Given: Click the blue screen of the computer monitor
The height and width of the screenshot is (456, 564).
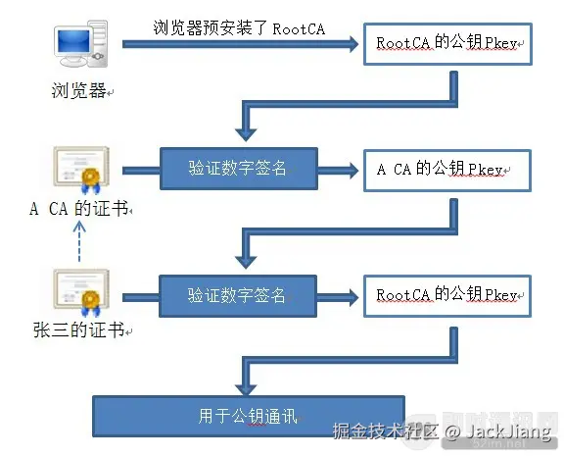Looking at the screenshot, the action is tap(73, 41).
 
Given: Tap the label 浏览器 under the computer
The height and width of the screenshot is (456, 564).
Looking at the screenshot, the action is tap(78, 90).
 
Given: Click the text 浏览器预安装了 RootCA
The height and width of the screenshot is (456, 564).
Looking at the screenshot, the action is tap(239, 28).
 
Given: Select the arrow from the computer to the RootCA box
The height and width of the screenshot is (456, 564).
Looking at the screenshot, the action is tap(240, 44).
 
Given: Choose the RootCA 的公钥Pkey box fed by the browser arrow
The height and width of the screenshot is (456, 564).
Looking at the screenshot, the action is tap(447, 44).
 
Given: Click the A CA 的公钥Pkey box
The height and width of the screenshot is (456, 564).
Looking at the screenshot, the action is tap(447, 171).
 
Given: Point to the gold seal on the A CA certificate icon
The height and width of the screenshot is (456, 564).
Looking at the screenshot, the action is tap(91, 177).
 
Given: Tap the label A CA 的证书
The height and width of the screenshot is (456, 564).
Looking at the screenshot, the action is tap(79, 209).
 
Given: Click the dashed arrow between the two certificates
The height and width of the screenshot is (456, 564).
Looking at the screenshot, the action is tap(79, 241).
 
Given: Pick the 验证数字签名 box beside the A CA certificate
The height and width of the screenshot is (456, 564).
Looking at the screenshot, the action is tap(239, 169).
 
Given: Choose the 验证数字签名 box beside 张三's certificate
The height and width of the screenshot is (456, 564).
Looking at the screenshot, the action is tap(238, 296).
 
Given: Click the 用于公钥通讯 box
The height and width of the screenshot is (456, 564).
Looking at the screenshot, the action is tap(249, 417).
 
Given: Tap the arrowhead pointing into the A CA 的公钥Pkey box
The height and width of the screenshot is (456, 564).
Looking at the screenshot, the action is tap(352, 171).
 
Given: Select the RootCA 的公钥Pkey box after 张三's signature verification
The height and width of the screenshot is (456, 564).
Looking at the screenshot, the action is tap(447, 296).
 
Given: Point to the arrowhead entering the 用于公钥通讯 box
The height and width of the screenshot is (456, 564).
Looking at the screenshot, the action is tap(246, 390).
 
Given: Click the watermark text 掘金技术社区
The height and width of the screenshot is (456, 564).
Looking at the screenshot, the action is tap(385, 431).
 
